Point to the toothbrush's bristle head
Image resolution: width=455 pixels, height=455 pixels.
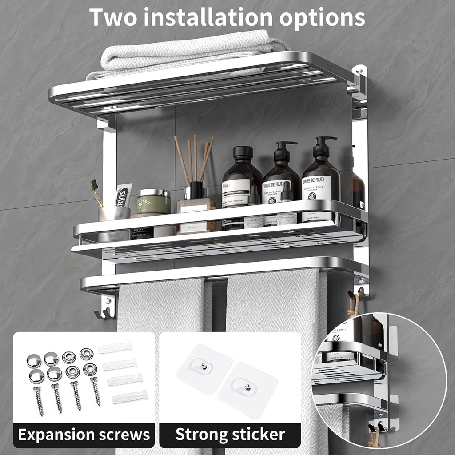[94, 184]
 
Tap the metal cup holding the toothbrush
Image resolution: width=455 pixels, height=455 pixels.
[113, 214]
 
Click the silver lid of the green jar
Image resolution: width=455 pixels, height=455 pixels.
[154, 193]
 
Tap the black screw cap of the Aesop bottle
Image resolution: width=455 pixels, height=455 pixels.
[243, 152]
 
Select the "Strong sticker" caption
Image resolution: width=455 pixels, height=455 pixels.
[230, 435]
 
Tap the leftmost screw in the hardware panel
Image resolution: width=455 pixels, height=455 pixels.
[38, 400]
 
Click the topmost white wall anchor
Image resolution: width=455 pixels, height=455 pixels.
[115, 347]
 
